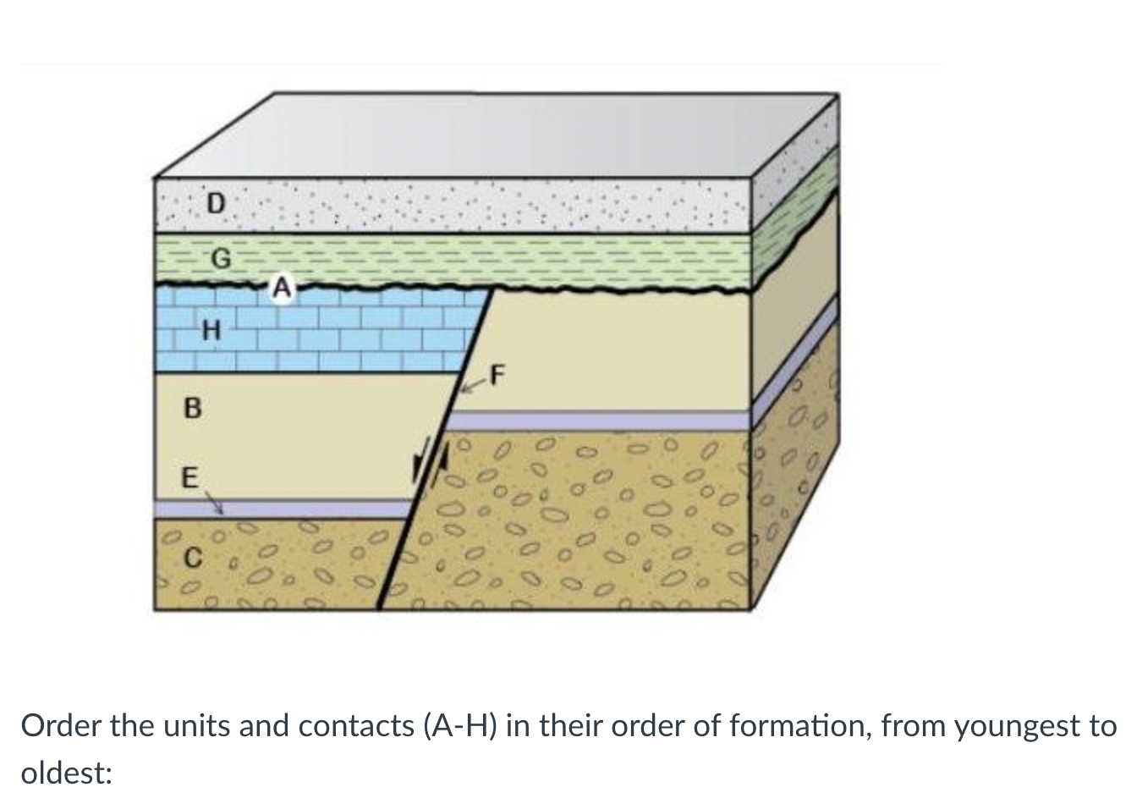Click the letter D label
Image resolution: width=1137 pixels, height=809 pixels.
217,203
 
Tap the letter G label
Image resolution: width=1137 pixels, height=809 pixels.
219,260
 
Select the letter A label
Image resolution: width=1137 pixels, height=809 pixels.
282,288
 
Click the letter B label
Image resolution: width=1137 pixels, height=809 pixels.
192,410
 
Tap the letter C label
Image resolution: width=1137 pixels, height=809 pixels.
193,559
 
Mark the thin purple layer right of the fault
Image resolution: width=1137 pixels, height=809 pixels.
601,421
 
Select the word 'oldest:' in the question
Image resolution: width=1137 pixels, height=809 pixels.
67,773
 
